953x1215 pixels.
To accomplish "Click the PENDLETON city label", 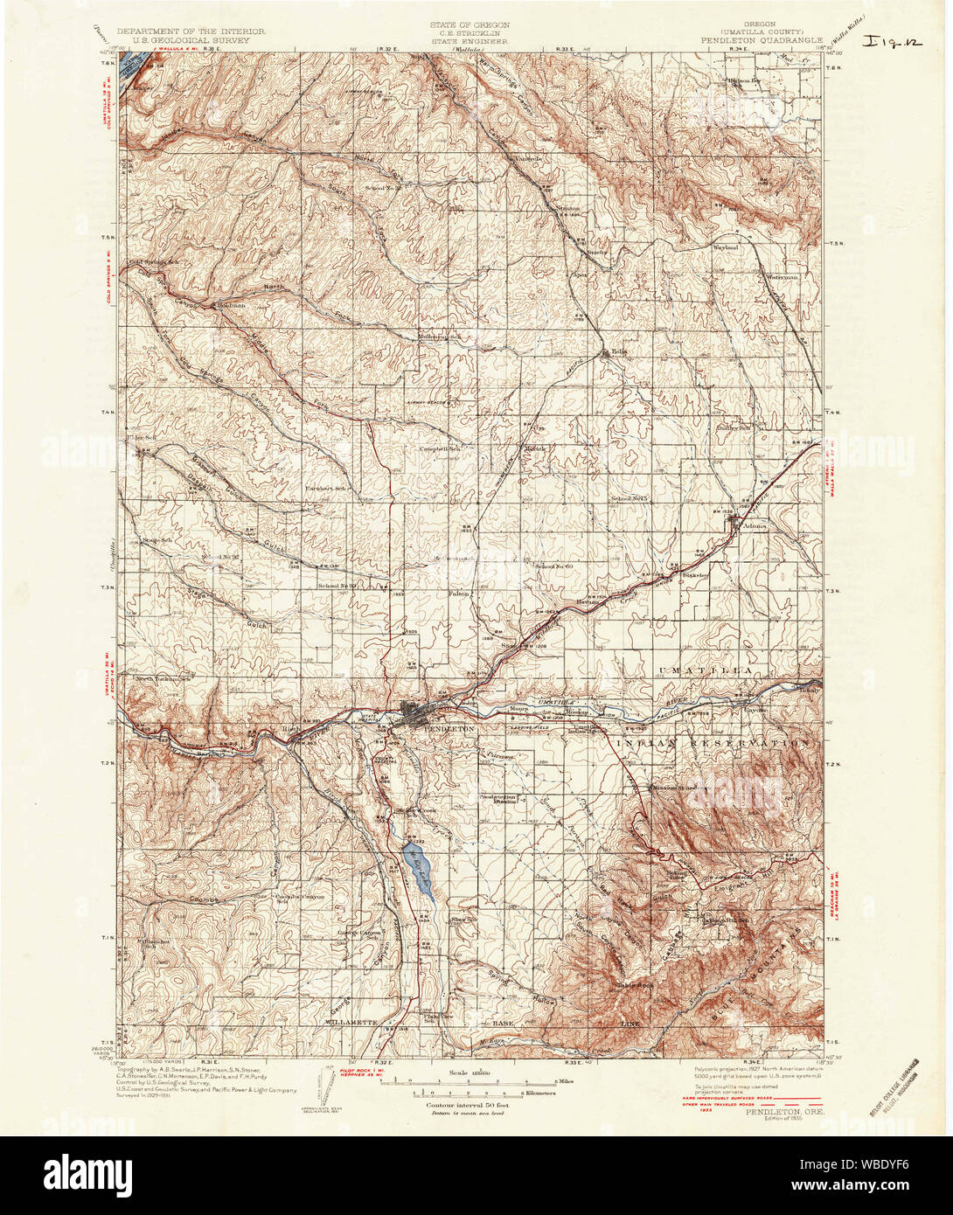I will point(449,727).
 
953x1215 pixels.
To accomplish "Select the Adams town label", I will point(753,526).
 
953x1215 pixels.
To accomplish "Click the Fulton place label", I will point(459,593).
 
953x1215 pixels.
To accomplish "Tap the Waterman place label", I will point(783,276).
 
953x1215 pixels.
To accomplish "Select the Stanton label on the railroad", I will point(568,208).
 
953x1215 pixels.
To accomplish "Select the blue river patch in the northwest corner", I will point(134,69).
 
